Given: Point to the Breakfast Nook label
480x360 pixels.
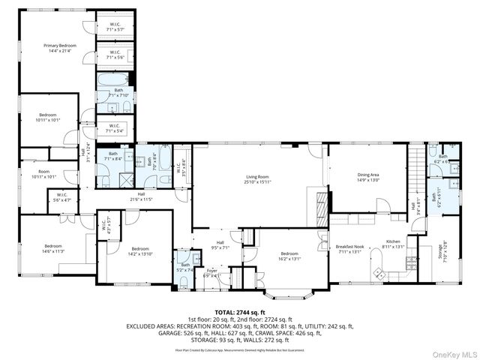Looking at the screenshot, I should coord(350,247).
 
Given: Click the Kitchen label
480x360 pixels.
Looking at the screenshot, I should coord(394,241).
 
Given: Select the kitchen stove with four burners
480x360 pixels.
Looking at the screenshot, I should coord(411,262).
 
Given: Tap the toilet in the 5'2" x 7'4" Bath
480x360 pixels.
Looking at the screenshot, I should coord(184,282).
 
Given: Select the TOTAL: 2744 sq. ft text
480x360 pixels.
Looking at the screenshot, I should coord(240,311).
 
